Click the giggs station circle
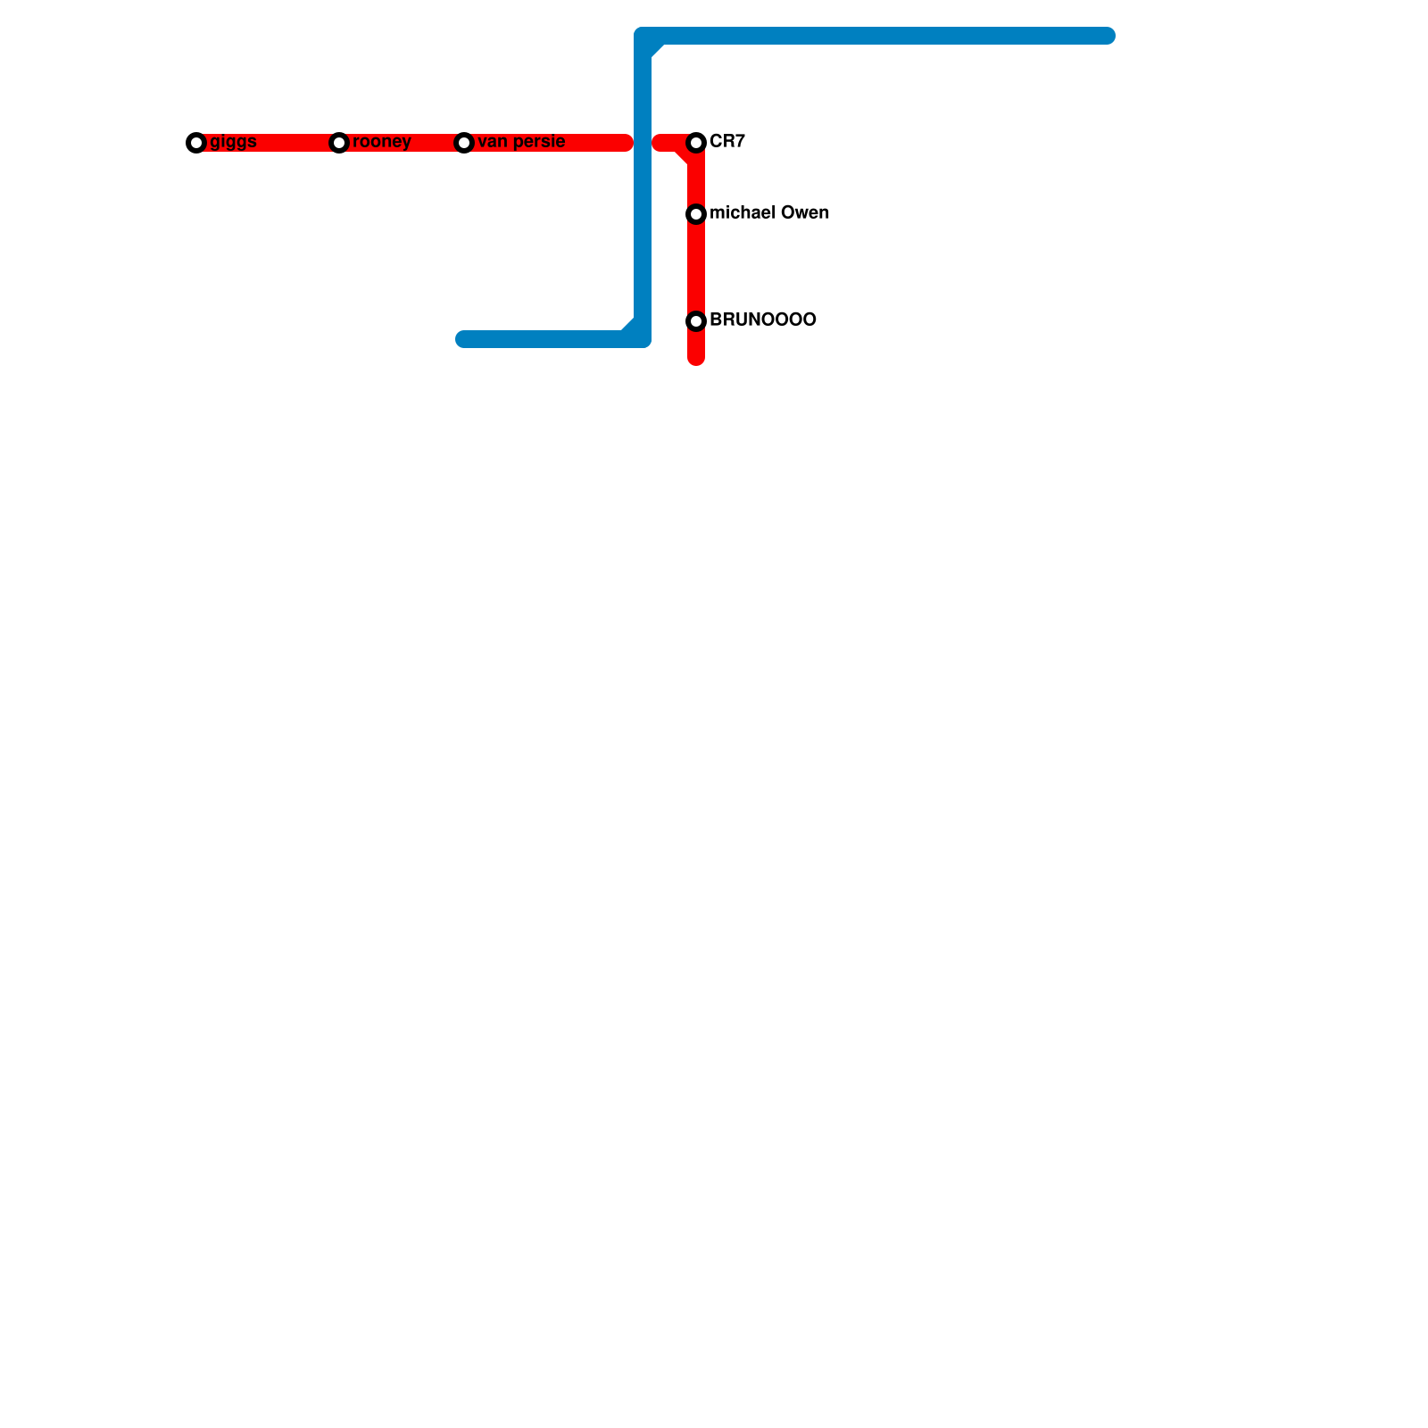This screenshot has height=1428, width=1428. pos(196,143)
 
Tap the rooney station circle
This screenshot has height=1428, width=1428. pos(339,143)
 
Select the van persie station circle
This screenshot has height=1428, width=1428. pos(464,143)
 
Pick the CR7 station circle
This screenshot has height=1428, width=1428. pos(697,143)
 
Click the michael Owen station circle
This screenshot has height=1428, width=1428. pos(697,214)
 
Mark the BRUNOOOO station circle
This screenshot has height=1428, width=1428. pos(697,321)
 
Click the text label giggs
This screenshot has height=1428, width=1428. pos(234,142)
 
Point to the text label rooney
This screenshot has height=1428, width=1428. pos(382,142)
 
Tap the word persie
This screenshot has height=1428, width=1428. pos(541,142)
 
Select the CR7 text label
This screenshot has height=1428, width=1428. pos(727,142)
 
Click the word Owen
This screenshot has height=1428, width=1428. pos(806,213)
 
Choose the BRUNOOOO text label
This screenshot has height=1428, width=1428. pos(763,320)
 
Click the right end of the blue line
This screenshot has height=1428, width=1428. pos(1108,36)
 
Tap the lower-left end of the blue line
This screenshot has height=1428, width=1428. pos(463,339)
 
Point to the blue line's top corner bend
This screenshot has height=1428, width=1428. pos(643,37)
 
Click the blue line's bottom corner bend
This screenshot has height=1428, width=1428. pos(643,338)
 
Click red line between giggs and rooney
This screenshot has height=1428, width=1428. pos(268,143)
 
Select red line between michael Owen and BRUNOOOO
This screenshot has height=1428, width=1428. pos(696,268)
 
